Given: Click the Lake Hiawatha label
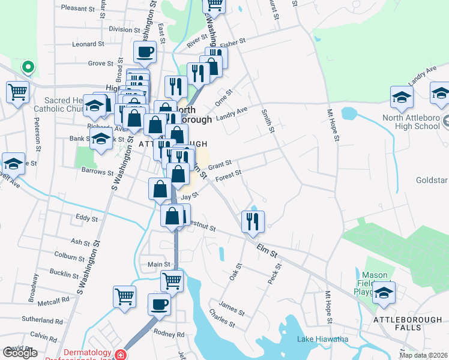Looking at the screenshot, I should [322, 339].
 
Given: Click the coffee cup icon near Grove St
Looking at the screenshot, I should [145, 52].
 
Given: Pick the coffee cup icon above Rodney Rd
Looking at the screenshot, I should [159, 304].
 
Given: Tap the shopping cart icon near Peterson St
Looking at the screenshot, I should [18, 92].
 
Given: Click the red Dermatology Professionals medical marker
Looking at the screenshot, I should [121, 355].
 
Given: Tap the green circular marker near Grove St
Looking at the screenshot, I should [28, 67].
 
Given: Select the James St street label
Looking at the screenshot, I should [232, 309].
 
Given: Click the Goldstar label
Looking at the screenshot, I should [432, 180].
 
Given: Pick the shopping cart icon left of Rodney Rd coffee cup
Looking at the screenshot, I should [124, 296].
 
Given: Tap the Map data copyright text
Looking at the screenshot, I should [424, 355].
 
